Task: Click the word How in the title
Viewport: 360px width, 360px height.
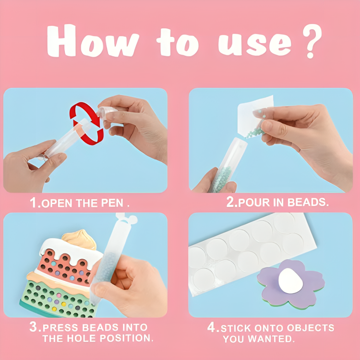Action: tap(93, 41)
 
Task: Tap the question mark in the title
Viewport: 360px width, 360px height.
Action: tap(312, 41)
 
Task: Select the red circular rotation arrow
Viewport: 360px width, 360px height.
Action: tap(86, 123)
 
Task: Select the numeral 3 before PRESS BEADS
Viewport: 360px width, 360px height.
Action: tap(34, 326)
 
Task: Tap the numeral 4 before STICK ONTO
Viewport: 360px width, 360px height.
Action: tap(211, 327)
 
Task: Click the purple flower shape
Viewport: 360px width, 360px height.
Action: tap(291, 284)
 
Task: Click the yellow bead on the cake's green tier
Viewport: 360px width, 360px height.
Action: tap(54, 309)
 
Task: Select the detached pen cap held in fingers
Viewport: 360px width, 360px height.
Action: tap(107, 113)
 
